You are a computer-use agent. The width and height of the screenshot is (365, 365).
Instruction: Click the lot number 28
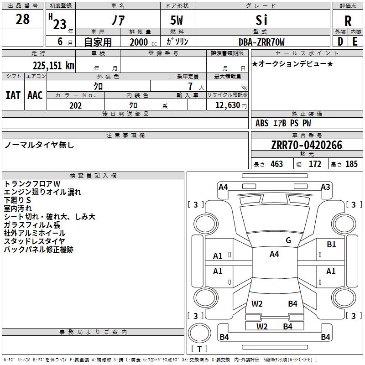coord(22,20)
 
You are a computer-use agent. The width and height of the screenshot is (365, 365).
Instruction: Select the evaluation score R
coord(348,21)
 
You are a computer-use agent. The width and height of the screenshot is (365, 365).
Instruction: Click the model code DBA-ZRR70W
coord(261,42)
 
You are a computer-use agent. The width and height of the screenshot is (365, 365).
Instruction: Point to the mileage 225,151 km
coord(53,65)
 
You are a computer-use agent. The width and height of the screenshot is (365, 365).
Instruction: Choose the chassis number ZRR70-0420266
coord(306,145)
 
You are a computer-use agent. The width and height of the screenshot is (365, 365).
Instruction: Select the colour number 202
coord(75,105)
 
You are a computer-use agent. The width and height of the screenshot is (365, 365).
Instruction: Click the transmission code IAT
coord(13,95)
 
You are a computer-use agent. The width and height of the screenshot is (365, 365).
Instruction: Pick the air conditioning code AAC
coord(35,95)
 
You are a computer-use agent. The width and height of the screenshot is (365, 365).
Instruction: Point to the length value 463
coord(276,164)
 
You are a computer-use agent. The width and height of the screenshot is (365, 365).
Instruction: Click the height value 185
coord(351,164)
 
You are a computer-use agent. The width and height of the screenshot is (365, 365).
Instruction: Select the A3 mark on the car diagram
coord(325,187)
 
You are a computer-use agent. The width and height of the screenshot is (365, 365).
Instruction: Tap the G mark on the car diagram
coord(288,240)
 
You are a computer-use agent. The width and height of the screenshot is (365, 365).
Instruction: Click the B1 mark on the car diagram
coord(331,245)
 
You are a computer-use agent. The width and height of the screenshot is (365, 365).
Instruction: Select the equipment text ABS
coord(262,123)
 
